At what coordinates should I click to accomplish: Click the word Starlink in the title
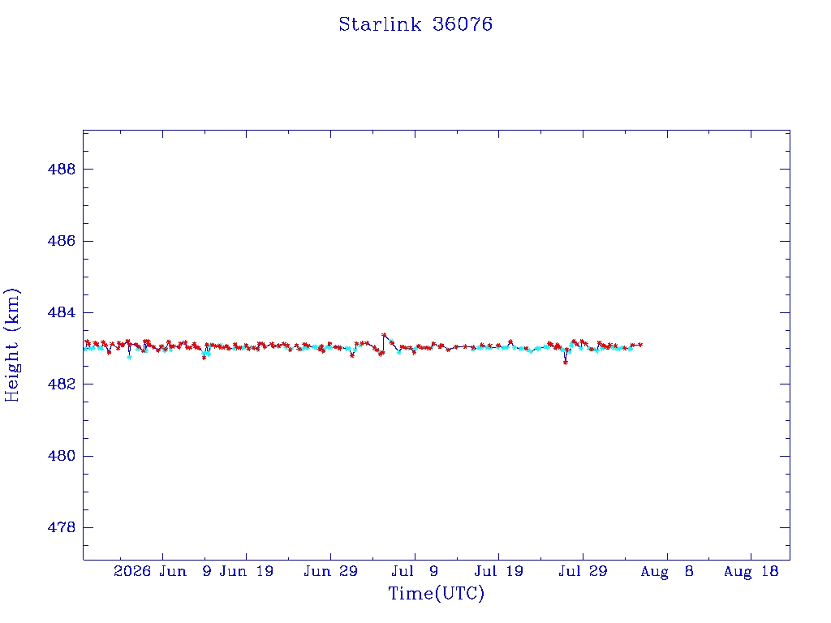coord(380,24)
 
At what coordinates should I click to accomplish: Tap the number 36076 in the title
coord(463,24)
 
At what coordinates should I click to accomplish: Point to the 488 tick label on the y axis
coord(62,169)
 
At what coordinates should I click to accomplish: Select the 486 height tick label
coord(62,241)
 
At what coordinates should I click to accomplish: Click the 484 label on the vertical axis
coord(62,312)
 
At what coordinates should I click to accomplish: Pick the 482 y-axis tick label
coord(62,384)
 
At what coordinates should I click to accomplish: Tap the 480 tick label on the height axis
coord(62,456)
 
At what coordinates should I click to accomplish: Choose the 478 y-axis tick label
coord(62,527)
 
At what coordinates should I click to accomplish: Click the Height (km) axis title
coord(11,345)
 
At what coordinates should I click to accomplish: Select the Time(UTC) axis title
coord(437,593)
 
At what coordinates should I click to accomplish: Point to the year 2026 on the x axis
coord(132,571)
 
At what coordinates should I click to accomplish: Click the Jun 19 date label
coord(247,571)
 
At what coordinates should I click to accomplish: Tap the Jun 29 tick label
coord(331,571)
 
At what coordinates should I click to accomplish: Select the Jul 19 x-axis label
coord(499,571)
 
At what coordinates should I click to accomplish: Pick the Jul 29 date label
coord(583,571)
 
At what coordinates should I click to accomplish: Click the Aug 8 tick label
coord(667,571)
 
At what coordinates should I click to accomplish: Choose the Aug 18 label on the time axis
coord(751,571)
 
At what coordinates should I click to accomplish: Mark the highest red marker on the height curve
coord(384,335)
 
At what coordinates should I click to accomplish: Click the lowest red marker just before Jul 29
coord(566,363)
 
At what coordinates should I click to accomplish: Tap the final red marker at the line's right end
coord(640,344)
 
